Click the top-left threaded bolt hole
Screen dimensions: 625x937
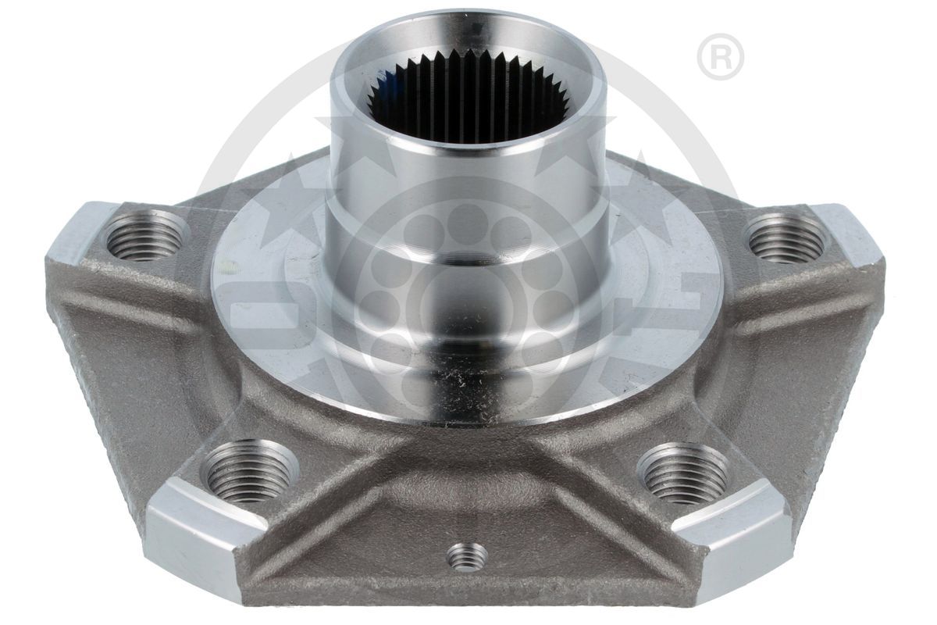(146, 237)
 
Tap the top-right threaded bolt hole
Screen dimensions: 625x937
(786, 237)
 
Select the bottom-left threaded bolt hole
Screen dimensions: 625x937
(249, 472)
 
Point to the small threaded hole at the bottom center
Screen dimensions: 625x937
(467, 556)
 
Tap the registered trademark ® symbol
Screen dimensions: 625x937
(720, 56)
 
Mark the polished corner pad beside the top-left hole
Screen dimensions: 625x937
(78, 230)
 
